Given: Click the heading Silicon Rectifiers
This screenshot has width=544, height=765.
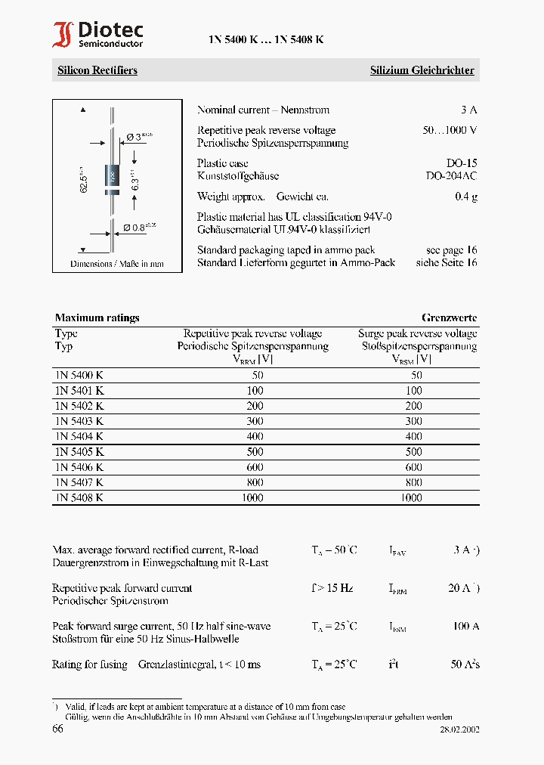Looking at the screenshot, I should click(97, 70).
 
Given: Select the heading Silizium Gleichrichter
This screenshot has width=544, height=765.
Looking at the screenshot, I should click(422, 70).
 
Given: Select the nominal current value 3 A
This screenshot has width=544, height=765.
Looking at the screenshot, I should click(468, 110).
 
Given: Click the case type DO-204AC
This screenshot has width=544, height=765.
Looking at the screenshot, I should click(451, 176).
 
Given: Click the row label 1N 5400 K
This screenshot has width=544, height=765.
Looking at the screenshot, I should click(79, 375).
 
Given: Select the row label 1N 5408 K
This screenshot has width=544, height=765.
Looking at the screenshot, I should click(79, 497).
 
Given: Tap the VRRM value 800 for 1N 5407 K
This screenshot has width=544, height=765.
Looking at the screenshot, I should click(255, 482).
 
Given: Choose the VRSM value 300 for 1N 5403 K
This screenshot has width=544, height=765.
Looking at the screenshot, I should click(413, 421).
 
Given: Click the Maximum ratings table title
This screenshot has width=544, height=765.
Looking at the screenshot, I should click(97, 317).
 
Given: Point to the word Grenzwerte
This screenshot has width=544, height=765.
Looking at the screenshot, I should click(449, 317).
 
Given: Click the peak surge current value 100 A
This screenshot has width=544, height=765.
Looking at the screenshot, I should click(465, 626).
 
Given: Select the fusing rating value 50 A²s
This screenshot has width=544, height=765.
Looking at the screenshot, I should click(465, 664).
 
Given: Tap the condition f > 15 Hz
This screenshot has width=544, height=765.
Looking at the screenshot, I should click(332, 588).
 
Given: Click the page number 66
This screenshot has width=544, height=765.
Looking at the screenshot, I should click(58, 729).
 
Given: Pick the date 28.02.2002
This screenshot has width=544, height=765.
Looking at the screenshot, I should click(459, 730).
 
